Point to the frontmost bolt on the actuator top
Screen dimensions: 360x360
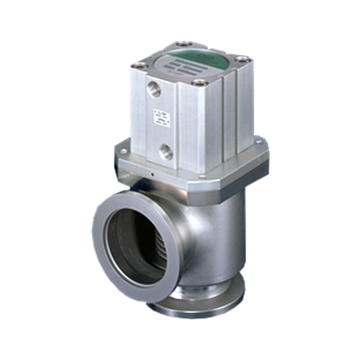coord(200,82)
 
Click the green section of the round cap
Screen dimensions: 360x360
coord(216,58)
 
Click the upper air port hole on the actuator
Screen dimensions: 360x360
coord(154,89)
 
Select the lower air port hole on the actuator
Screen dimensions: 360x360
coord(166,152)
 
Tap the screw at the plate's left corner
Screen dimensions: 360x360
coord(123,151)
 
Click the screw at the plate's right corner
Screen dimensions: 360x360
coord(259,142)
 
